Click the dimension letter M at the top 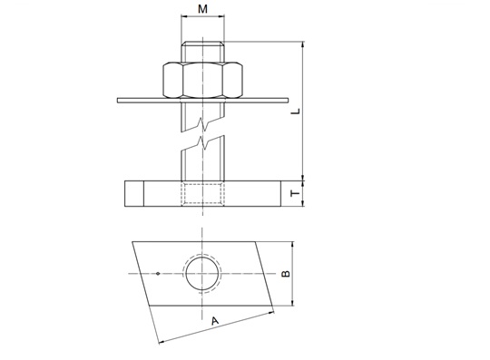(x=202, y=9)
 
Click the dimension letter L (x=295, y=112)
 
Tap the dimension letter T (x=295, y=193)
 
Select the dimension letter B (x=286, y=274)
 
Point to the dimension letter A (x=215, y=321)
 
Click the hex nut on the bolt (x=202, y=80)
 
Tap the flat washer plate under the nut (x=202, y=101)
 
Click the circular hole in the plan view (x=202, y=274)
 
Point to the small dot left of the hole (x=158, y=274)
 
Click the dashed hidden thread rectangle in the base (x=202, y=194)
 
